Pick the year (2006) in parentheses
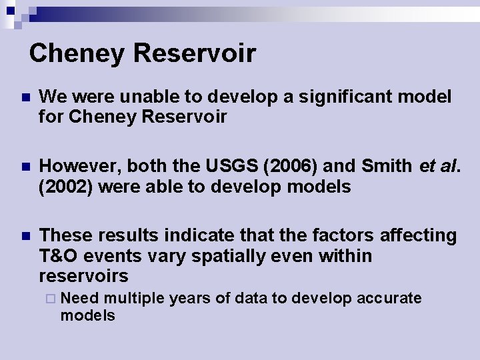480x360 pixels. (300, 166)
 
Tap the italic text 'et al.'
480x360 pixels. (439, 166)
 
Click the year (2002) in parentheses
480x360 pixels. (66, 187)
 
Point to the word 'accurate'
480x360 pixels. (389, 298)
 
